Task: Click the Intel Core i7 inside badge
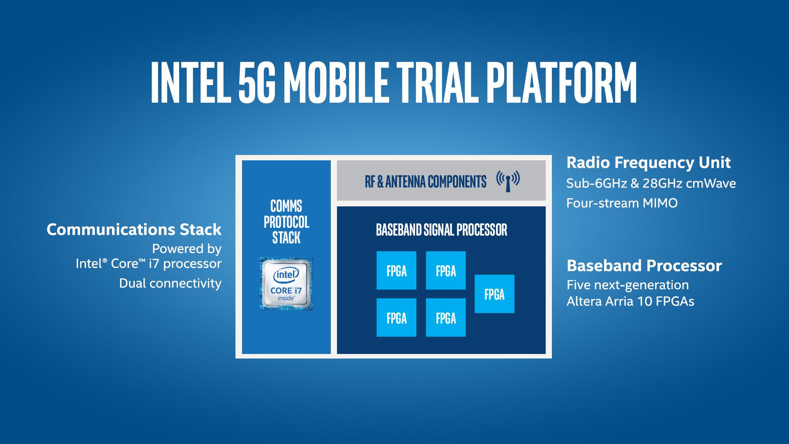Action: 286,284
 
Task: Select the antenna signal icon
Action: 508,180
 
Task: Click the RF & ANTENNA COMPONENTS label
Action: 425,181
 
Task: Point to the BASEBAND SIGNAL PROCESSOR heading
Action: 441,230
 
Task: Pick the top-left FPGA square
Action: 396,271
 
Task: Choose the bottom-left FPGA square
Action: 396,318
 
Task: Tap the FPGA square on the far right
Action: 494,294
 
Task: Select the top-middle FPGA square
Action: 445,271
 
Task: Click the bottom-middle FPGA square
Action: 445,318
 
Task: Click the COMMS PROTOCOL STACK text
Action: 286,222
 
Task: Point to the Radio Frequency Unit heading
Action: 648,163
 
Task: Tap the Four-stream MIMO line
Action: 622,203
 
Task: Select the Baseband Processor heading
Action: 644,266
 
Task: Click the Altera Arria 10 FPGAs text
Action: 630,301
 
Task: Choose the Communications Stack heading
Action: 134,229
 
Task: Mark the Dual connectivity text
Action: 170,283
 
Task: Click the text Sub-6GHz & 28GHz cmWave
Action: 651,183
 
